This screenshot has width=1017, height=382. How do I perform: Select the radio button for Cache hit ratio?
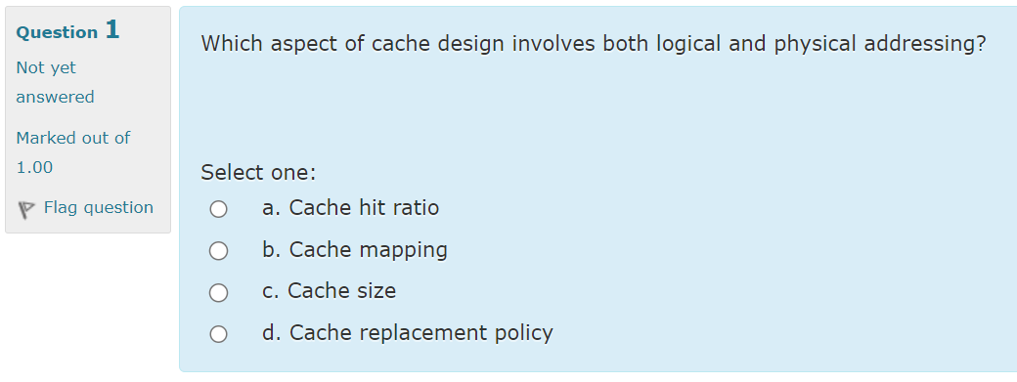219,209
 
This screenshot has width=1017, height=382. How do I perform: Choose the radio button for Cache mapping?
219,251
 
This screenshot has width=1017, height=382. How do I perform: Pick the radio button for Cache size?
219,292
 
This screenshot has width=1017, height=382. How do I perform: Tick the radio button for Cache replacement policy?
219,334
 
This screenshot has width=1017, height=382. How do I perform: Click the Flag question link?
98,207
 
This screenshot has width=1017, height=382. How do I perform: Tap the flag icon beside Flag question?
26,208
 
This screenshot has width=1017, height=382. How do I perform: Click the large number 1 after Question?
111,30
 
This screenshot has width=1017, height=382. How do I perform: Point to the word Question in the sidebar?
57,32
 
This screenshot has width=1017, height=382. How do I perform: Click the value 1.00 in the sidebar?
34,167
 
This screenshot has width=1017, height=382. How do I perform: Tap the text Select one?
258,173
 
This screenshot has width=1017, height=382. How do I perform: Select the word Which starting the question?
231,45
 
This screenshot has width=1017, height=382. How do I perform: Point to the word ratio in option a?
416,208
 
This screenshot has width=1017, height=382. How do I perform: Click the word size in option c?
376,291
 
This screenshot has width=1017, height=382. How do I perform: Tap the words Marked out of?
72,138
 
